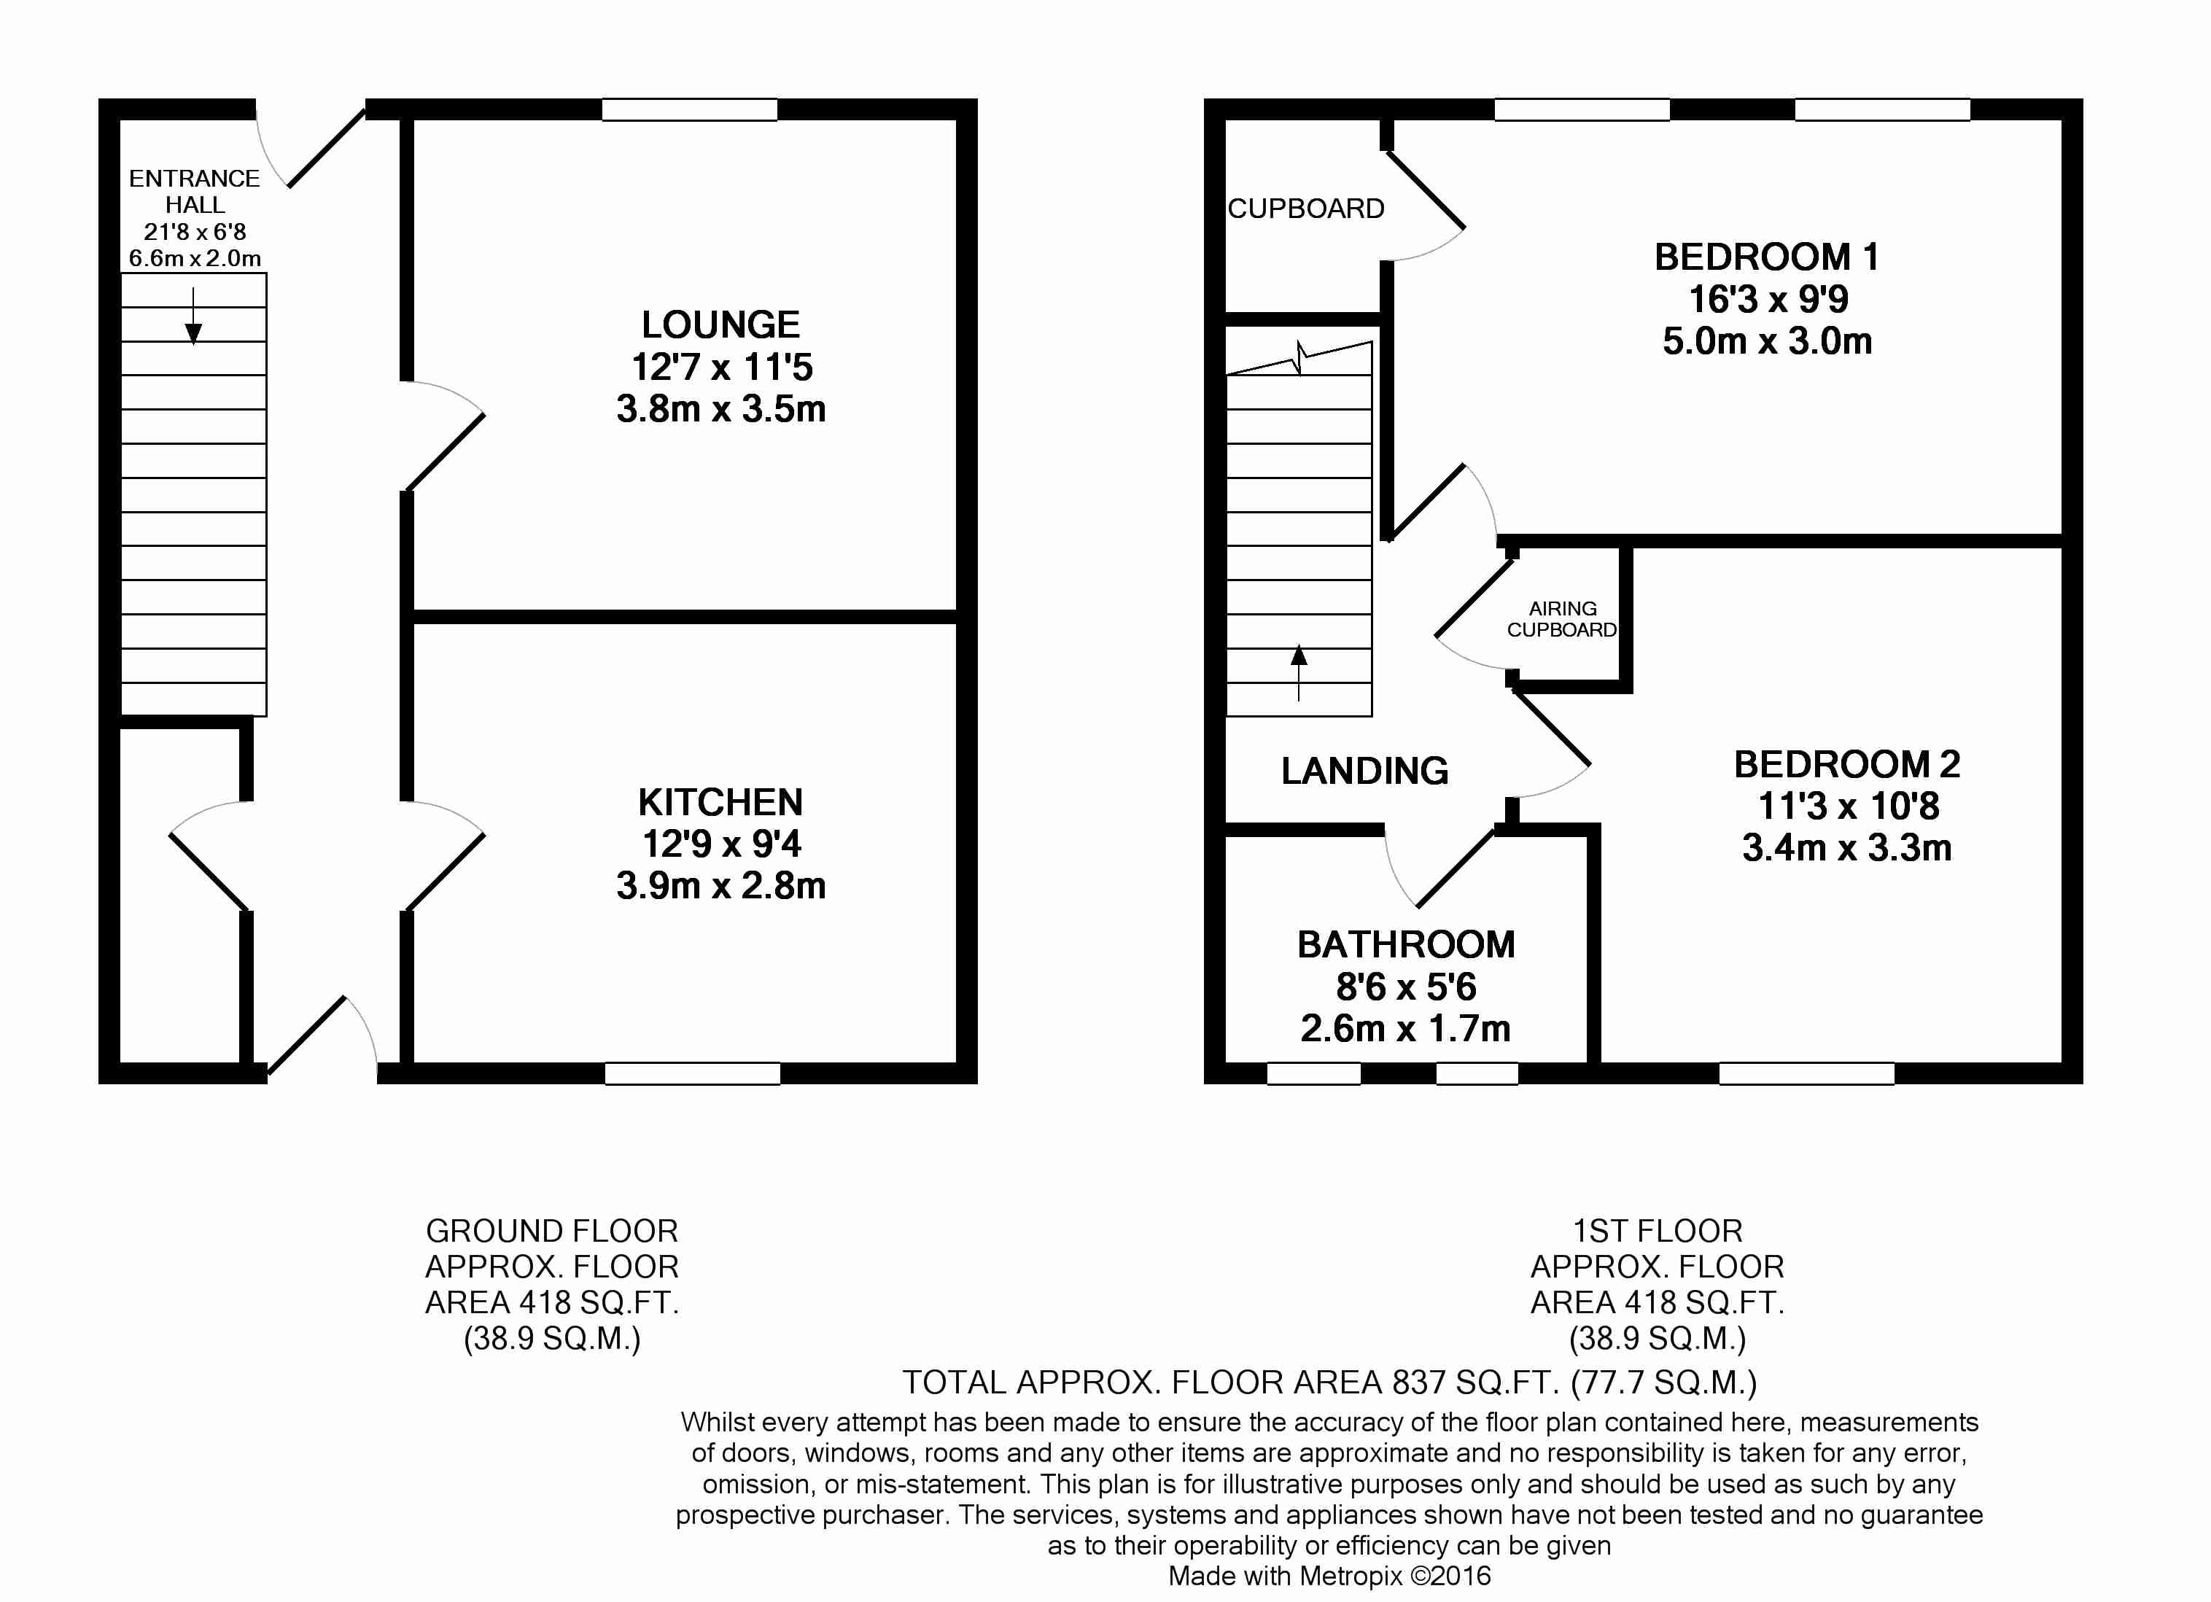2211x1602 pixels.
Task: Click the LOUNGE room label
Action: tap(720, 324)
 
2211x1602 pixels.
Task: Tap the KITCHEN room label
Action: tap(720, 803)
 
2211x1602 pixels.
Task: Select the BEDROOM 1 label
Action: tap(1766, 257)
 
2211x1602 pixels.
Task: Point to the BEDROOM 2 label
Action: tap(1846, 764)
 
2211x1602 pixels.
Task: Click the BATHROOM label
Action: tap(1406, 945)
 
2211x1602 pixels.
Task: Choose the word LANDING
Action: tap(1364, 771)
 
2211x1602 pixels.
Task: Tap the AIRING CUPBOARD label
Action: tap(1562, 619)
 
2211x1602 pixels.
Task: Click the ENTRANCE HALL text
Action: tap(194, 192)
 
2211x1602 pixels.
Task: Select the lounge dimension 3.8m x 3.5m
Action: tap(720, 408)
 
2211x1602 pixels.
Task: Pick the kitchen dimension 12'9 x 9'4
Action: tap(720, 844)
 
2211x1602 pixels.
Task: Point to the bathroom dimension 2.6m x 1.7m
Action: tap(1406, 1029)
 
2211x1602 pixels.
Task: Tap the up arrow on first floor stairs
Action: tap(1299, 673)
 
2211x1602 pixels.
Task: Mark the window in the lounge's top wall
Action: tap(689, 109)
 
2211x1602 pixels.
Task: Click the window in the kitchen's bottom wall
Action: tap(692, 1073)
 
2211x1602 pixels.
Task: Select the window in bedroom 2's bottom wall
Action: tap(1806, 1073)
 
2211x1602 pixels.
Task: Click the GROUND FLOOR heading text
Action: tap(552, 1231)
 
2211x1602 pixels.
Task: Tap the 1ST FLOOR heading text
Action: tap(1658, 1231)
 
